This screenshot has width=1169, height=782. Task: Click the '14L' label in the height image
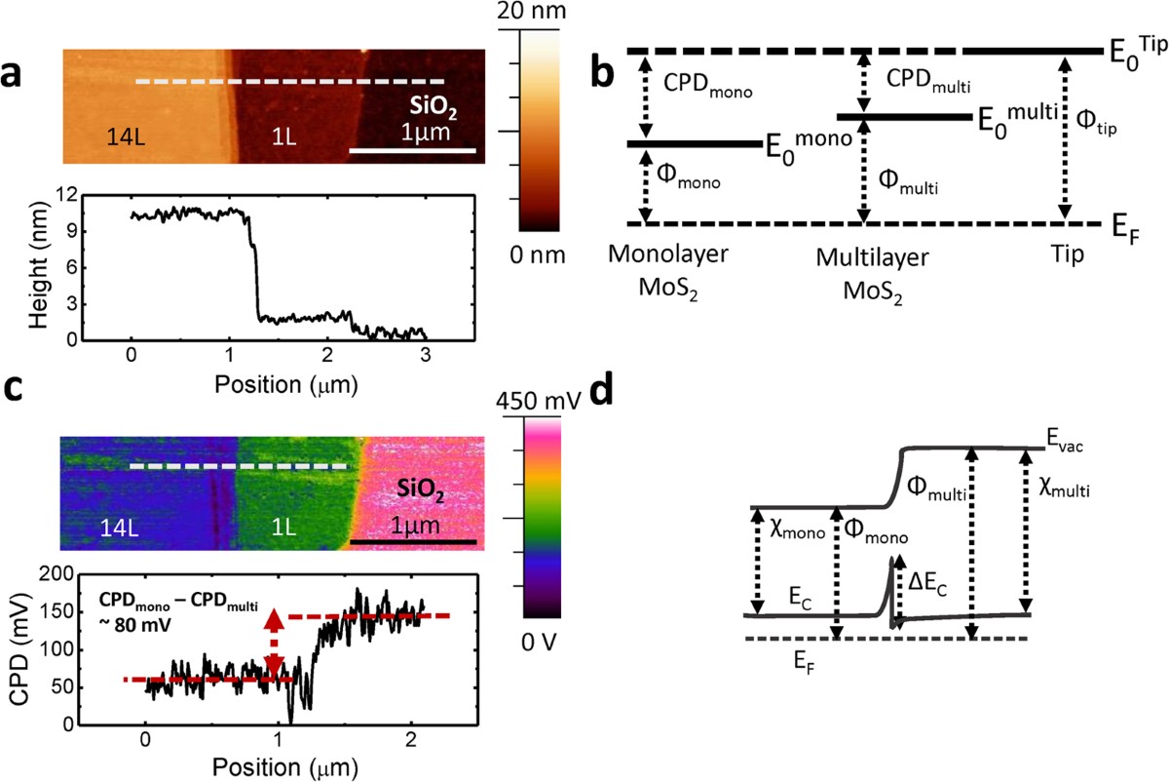pos(130,137)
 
